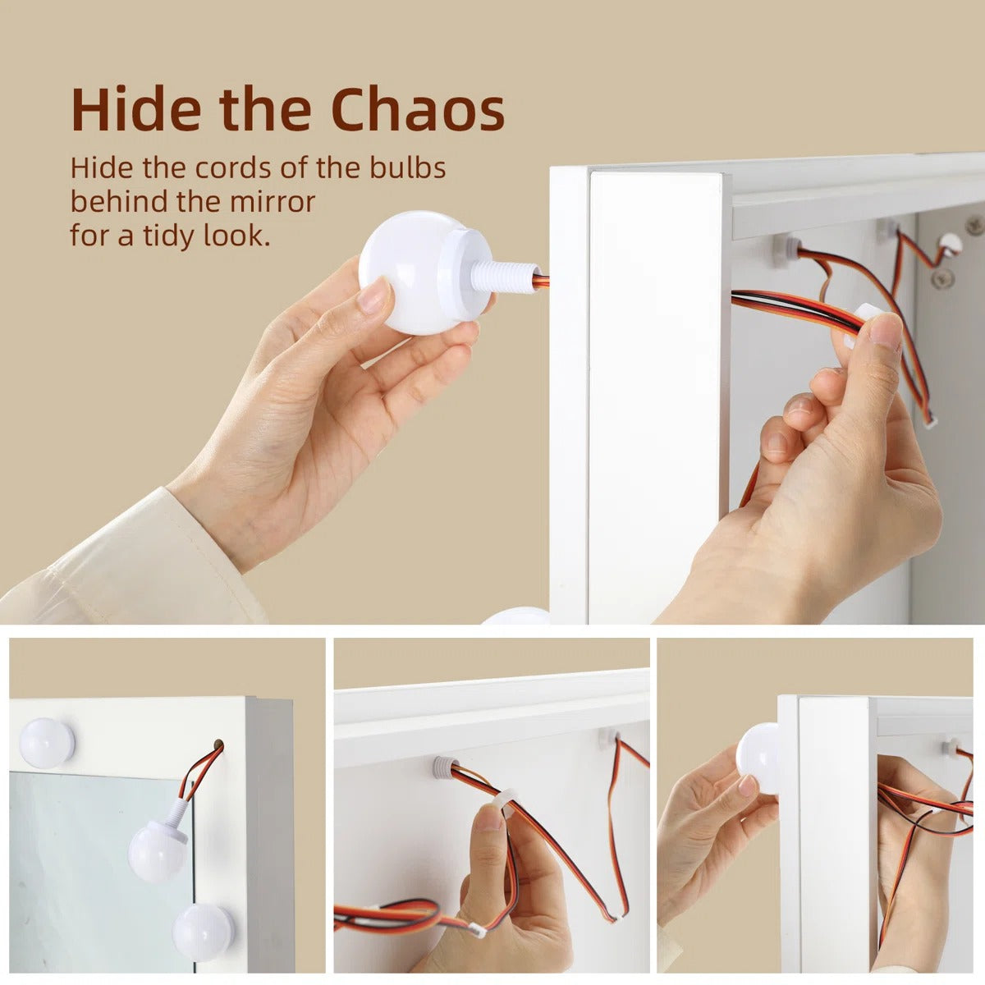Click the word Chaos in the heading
(x=418, y=109)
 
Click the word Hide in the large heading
(x=135, y=109)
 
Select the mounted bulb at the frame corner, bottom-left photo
(x=47, y=743)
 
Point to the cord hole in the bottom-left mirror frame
(x=218, y=743)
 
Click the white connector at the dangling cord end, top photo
(x=932, y=421)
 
